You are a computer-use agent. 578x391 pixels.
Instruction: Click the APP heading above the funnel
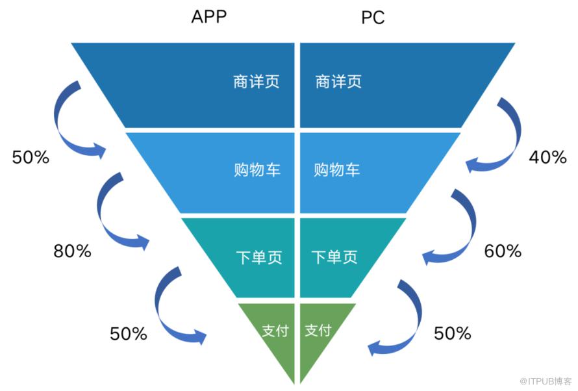[x=208, y=17]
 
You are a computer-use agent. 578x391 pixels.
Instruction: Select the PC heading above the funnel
[x=373, y=18]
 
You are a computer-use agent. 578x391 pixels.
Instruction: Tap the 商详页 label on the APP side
[x=256, y=82]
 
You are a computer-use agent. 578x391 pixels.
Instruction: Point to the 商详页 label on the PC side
[x=338, y=82]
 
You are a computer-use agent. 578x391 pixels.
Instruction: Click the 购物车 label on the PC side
[x=336, y=170]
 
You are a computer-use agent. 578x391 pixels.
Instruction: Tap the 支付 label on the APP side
[x=273, y=330]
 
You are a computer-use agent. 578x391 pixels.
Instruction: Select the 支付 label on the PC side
[x=318, y=330]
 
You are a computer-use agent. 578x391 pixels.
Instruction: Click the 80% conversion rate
[x=72, y=251]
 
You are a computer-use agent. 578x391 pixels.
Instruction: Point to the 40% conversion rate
[x=547, y=157]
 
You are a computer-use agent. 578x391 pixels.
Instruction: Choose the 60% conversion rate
[x=503, y=251]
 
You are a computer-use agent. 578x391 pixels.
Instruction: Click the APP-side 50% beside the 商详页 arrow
[x=31, y=157]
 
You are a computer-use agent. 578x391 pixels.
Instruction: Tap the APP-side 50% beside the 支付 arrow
[x=129, y=334]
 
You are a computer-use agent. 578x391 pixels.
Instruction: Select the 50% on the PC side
[x=452, y=334]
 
